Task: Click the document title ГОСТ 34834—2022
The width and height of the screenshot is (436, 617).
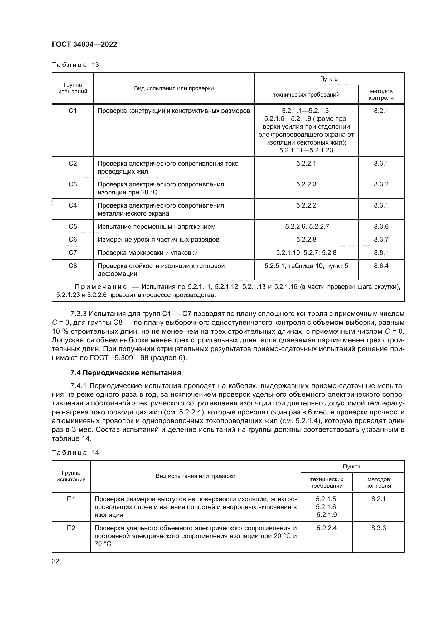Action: click(x=84, y=44)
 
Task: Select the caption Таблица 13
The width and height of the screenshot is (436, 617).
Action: click(x=75, y=65)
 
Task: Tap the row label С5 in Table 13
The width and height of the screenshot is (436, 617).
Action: click(x=72, y=227)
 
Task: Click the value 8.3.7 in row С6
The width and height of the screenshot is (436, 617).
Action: click(x=381, y=240)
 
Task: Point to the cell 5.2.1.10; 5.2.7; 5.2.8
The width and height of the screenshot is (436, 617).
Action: click(x=306, y=253)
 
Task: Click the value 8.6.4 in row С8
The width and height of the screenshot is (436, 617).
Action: click(x=381, y=266)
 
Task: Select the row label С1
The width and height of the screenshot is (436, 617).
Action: click(x=72, y=111)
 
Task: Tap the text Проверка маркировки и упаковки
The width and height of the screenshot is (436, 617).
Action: click(x=147, y=253)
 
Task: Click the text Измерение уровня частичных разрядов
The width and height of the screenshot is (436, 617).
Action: click(x=158, y=240)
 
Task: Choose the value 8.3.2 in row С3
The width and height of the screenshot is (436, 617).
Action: click(x=381, y=184)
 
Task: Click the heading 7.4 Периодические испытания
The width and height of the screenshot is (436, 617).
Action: click(x=125, y=373)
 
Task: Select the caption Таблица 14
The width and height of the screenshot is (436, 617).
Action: click(x=75, y=453)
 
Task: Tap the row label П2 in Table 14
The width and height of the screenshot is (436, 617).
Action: click(x=71, y=528)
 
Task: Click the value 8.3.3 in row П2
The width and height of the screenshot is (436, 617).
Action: click(x=378, y=528)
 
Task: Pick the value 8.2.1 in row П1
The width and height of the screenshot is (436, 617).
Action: click(x=378, y=499)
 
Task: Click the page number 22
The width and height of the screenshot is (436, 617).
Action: click(x=55, y=561)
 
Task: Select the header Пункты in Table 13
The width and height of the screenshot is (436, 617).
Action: click(x=329, y=79)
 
